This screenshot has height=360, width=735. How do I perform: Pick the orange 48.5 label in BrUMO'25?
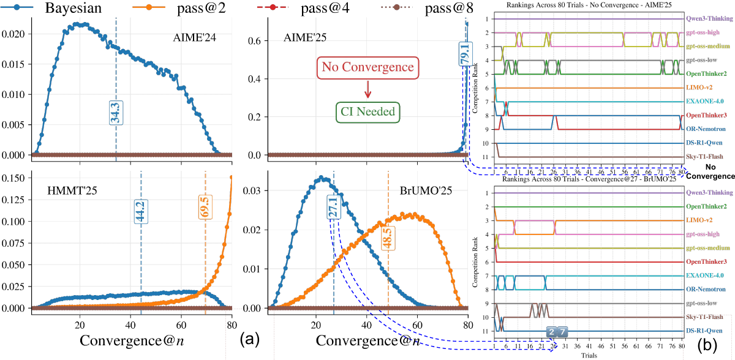388,236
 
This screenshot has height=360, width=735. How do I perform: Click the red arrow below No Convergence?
367,89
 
